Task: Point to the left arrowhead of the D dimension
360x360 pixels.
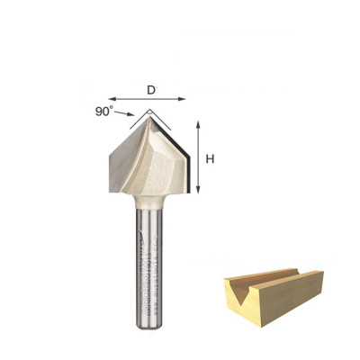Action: pos(111,98)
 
